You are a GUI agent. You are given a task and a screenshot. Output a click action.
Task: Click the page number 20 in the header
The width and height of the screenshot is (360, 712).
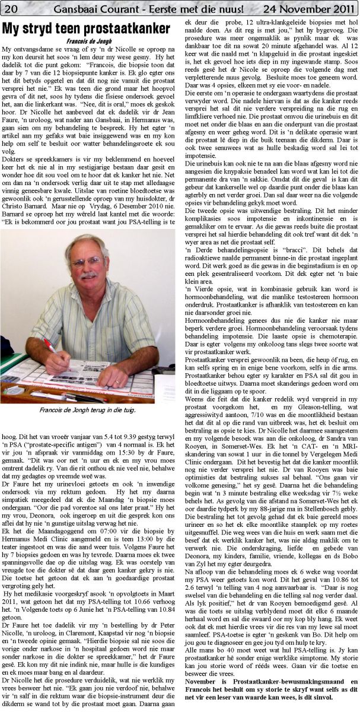(x=11, y=8)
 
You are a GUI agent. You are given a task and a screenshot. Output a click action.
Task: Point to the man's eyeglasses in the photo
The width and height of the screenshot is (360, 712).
(x=87, y=262)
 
